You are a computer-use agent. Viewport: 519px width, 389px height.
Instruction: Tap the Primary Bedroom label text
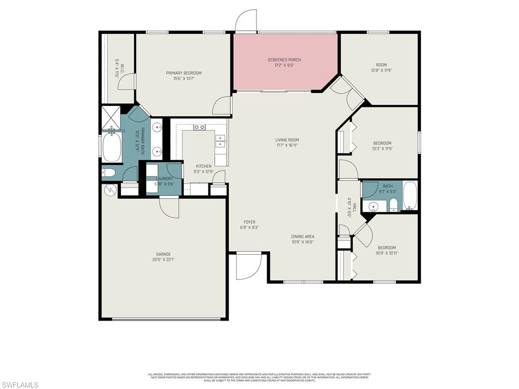pos(183,73)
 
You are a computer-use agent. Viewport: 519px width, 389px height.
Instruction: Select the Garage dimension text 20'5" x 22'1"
pos(163,260)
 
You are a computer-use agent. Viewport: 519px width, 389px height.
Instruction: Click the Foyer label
pos(249,222)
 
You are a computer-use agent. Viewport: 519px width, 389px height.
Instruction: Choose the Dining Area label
pos(303,237)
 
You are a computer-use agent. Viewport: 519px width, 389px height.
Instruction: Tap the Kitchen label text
pos(204,166)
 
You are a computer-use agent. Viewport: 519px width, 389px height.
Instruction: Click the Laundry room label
pos(164,178)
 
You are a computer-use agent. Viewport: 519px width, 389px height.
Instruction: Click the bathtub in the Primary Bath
pos(112,147)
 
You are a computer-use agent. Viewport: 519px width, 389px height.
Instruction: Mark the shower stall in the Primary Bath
pos(110,117)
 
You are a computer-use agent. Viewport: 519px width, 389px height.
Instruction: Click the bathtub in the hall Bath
pos(410,196)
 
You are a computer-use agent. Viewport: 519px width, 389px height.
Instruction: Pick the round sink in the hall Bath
pos(374,206)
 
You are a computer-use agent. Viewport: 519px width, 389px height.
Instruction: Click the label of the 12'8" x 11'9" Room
pos(381,65)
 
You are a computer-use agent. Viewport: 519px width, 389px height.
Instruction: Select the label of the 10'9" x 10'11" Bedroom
pos(386,248)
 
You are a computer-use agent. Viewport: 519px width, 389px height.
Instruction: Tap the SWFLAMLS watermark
pos(20,385)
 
